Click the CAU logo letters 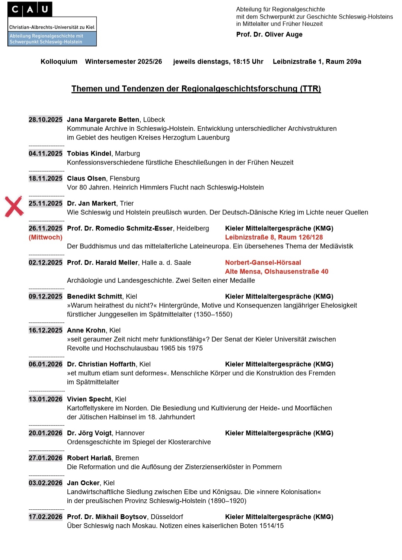point(30,9)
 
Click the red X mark point(14,206)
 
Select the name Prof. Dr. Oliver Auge point(269,35)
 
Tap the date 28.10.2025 point(45,120)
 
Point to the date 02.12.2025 point(45,263)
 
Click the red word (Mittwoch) point(45,238)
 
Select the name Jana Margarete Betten point(103,120)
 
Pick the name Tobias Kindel point(89,154)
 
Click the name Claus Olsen point(86,179)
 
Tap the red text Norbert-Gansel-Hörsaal point(263,263)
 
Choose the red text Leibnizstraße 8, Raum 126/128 point(274,238)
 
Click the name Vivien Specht point(89,400)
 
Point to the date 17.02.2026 point(45,517)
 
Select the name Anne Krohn point(86,331)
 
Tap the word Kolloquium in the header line point(59,62)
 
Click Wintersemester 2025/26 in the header point(124,62)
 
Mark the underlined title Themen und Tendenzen point(196,89)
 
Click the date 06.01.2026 point(45,365)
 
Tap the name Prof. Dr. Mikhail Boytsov point(108,517)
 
